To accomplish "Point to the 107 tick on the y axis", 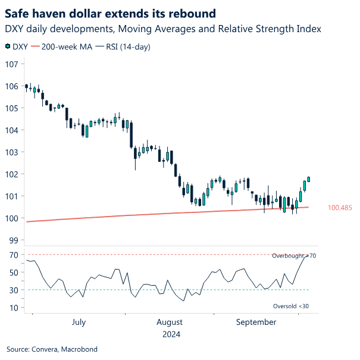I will [11, 64].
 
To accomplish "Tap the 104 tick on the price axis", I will [11, 130].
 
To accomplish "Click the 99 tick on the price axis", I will [13, 240].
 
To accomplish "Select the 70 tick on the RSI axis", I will [12, 255].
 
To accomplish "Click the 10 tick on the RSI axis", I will [12, 308].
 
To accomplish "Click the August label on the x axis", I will [169, 323].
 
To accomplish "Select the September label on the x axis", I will [256, 323].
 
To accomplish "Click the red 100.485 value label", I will [340, 208].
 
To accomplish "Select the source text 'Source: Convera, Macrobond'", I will [52, 349].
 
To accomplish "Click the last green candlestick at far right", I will [309, 179].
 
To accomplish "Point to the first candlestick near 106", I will [26, 86].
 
